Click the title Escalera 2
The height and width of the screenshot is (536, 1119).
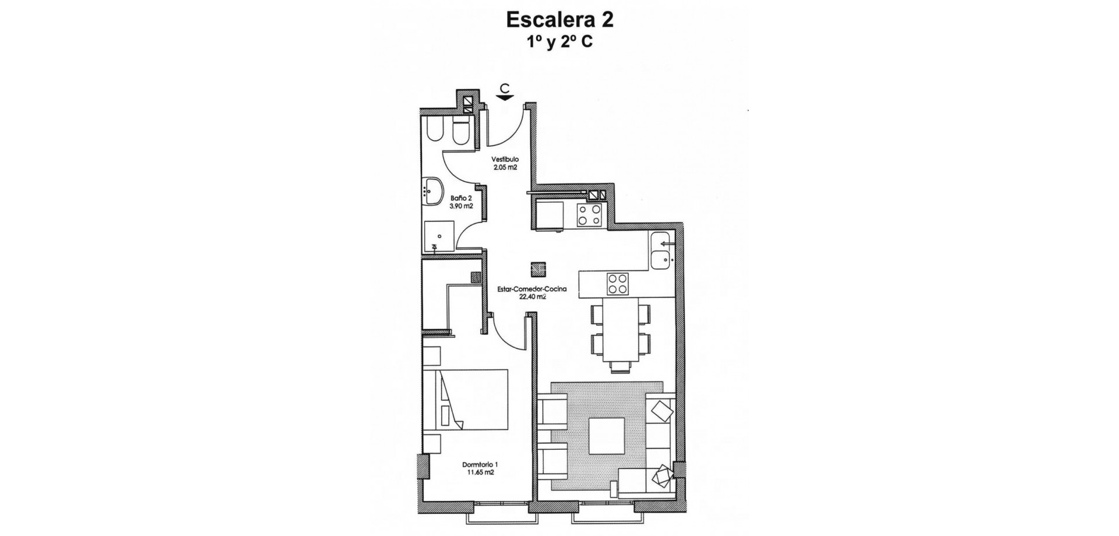pyautogui.click(x=559, y=20)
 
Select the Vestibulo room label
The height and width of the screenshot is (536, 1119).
pyautogui.click(x=505, y=159)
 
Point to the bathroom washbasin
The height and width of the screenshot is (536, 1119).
pyautogui.click(x=431, y=191)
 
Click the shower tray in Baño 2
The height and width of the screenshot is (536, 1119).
pyautogui.click(x=438, y=236)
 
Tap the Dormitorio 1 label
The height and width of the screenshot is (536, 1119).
pyautogui.click(x=480, y=464)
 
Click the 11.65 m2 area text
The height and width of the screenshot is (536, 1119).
pyautogui.click(x=480, y=472)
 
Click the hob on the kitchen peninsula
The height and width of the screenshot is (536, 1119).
pyautogui.click(x=618, y=284)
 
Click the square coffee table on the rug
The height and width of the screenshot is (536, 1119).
pyautogui.click(x=607, y=436)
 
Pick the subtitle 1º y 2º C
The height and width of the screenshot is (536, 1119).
pyautogui.click(x=559, y=42)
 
